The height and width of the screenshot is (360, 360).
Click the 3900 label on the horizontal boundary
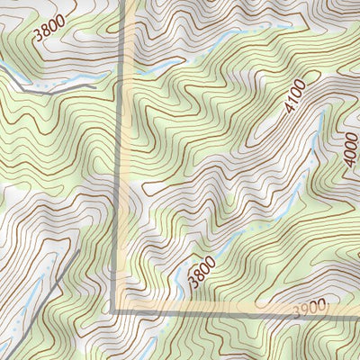pos(311,310)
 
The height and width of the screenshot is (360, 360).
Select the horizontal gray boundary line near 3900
pos(225,312)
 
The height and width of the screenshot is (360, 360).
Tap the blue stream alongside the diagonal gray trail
pos(27,306)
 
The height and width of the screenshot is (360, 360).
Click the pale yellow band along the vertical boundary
pos(128,180)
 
